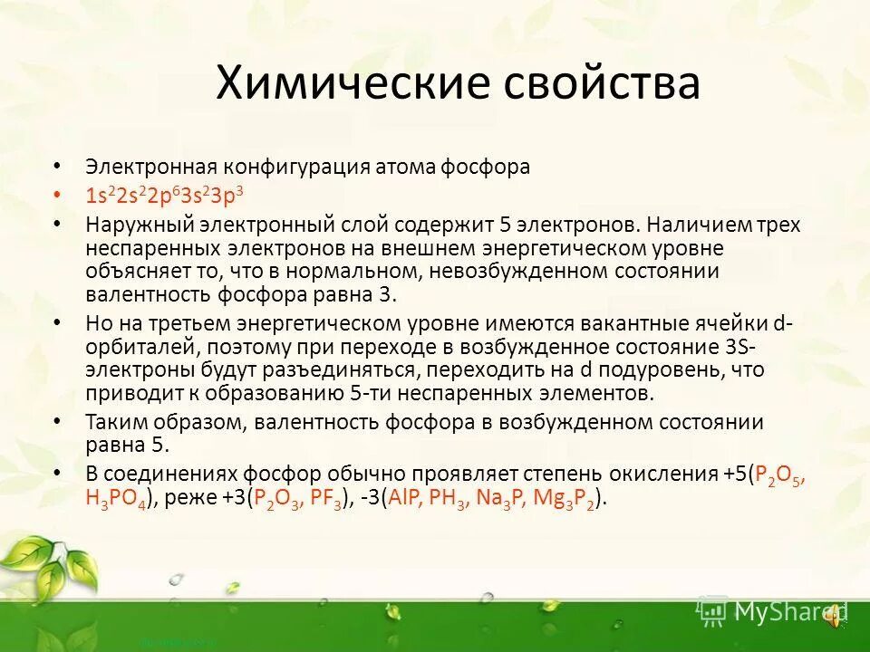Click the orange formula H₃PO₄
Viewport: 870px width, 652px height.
[x=119, y=496]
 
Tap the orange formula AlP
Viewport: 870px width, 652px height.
[x=400, y=496]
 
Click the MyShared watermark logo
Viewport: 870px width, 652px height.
[x=770, y=612]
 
